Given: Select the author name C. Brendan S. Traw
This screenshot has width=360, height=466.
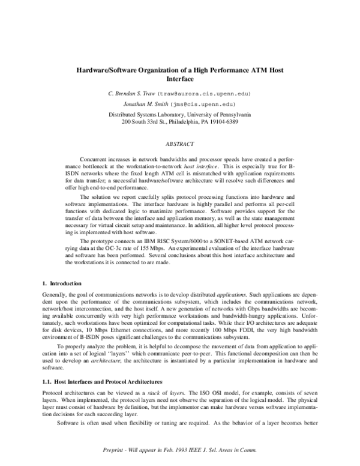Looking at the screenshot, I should coord(133,94).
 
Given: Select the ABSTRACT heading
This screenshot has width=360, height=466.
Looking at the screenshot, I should coord(180,145).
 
